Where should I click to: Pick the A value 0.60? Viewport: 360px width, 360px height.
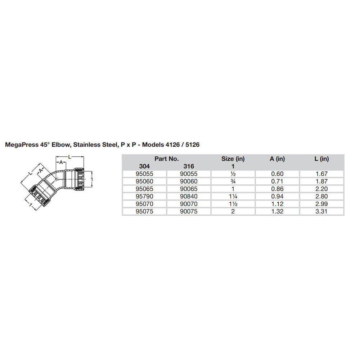pyautogui.click(x=277, y=173)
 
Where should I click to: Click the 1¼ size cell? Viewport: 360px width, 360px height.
pyautogui.click(x=233, y=196)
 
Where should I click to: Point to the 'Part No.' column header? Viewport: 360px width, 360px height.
pyautogui.click(x=167, y=158)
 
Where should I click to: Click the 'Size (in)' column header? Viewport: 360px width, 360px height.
pyautogui.click(x=233, y=158)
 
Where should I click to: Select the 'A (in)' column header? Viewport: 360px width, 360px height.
pyautogui.click(x=277, y=158)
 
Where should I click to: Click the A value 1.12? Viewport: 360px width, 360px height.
pyautogui.click(x=277, y=204)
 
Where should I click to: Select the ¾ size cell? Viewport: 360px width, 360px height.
pyautogui.click(x=233, y=181)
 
